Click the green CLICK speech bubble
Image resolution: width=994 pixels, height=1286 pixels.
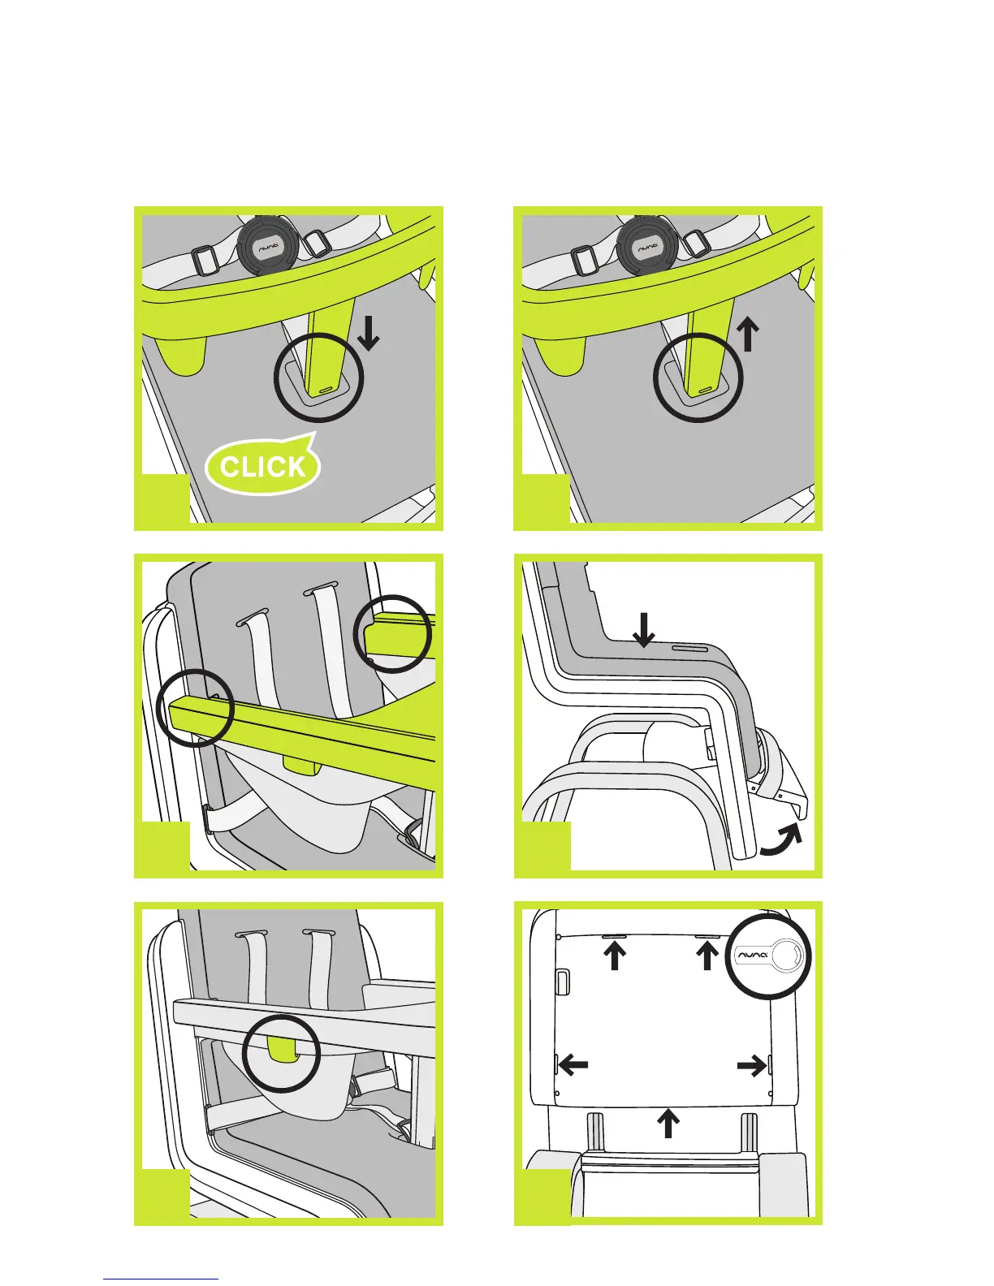point(263,466)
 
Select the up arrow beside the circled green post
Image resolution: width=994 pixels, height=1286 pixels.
point(748,333)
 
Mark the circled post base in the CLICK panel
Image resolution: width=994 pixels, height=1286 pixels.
point(318,378)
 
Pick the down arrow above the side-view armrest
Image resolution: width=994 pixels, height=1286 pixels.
point(643,630)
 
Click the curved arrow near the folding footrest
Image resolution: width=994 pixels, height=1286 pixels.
point(780,843)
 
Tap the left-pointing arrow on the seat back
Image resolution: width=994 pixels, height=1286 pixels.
point(573,1064)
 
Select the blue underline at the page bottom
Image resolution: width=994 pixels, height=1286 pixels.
point(161,1279)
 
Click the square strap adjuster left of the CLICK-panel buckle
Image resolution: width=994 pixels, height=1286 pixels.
point(205,261)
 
